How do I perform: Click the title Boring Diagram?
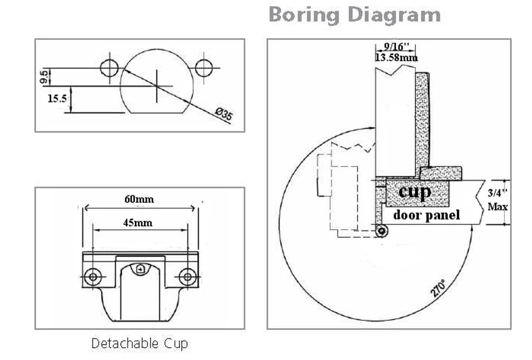(x=355, y=15)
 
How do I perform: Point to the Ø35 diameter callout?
(x=224, y=114)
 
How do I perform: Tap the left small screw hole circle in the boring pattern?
(x=110, y=68)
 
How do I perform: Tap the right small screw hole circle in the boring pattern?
(x=204, y=68)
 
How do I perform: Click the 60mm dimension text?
(x=139, y=199)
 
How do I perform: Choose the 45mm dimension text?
(x=138, y=223)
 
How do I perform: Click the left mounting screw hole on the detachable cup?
(x=92, y=276)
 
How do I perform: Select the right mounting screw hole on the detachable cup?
(x=187, y=276)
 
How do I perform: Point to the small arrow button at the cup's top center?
(x=140, y=269)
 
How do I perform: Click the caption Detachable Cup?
(x=140, y=344)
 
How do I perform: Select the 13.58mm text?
(x=396, y=57)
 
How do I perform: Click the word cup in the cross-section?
(x=414, y=192)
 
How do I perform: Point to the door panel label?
(x=426, y=215)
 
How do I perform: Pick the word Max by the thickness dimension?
(x=498, y=206)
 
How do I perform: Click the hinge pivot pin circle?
(x=381, y=231)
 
